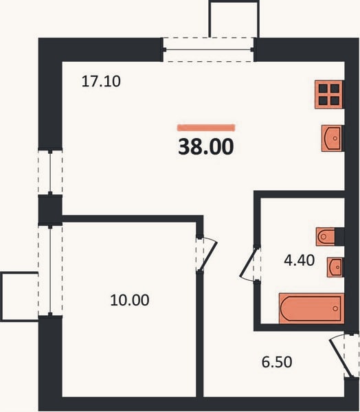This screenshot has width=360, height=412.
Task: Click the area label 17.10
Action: coord(101,81)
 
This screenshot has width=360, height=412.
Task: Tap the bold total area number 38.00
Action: coord(206,147)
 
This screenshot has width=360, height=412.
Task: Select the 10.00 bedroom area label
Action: coord(130,300)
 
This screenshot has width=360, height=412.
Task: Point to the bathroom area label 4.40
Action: coord(300,260)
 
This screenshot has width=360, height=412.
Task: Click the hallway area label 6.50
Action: coord(277,362)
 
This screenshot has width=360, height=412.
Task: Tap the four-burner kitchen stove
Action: coord(329,95)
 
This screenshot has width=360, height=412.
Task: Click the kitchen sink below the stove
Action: coord(332,138)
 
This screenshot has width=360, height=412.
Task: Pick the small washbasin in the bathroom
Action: coord(335,267)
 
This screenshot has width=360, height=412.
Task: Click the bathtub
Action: coord(311,308)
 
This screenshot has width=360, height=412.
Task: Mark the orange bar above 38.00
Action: coord(206,128)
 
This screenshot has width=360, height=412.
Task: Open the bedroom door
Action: coord(207,254)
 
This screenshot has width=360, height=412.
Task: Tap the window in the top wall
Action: coord(208,49)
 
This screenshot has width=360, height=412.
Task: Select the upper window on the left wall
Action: coord(50,172)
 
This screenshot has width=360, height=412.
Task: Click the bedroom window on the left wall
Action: coord(50,271)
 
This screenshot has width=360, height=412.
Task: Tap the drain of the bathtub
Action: coord(335,308)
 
